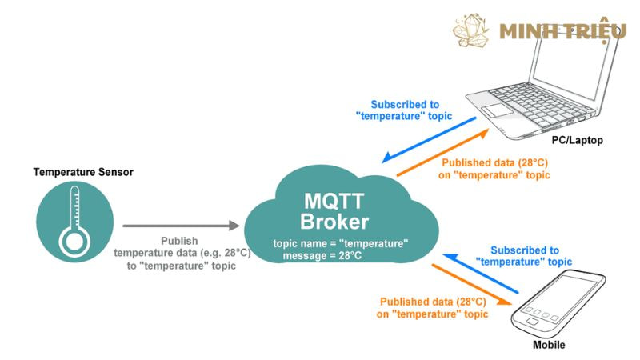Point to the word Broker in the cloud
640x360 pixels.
(334, 222)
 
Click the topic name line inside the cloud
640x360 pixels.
(340, 242)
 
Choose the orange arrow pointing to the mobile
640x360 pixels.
(472, 283)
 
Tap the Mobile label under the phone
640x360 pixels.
(549, 345)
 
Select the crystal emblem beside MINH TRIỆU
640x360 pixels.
(471, 30)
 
